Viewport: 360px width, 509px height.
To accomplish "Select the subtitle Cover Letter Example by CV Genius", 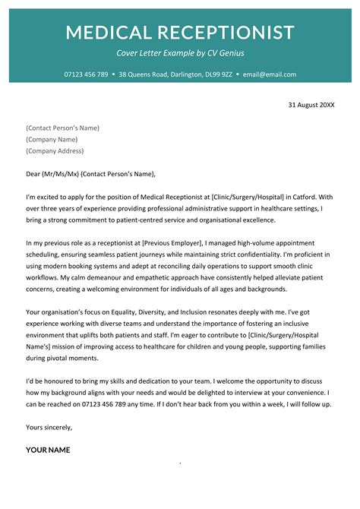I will coord(180,53).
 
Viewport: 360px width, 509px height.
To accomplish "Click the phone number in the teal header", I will coord(85,74).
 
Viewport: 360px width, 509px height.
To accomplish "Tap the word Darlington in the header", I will coord(188,74).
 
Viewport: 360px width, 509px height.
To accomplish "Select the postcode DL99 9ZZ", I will coord(221,74).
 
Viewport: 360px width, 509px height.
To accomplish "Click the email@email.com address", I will coord(270,74).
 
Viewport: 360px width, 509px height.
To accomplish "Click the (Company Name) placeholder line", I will coord(52,140).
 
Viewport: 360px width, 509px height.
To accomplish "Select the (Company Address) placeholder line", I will coord(55,151).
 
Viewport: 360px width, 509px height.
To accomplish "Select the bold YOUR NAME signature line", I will coord(48,450).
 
